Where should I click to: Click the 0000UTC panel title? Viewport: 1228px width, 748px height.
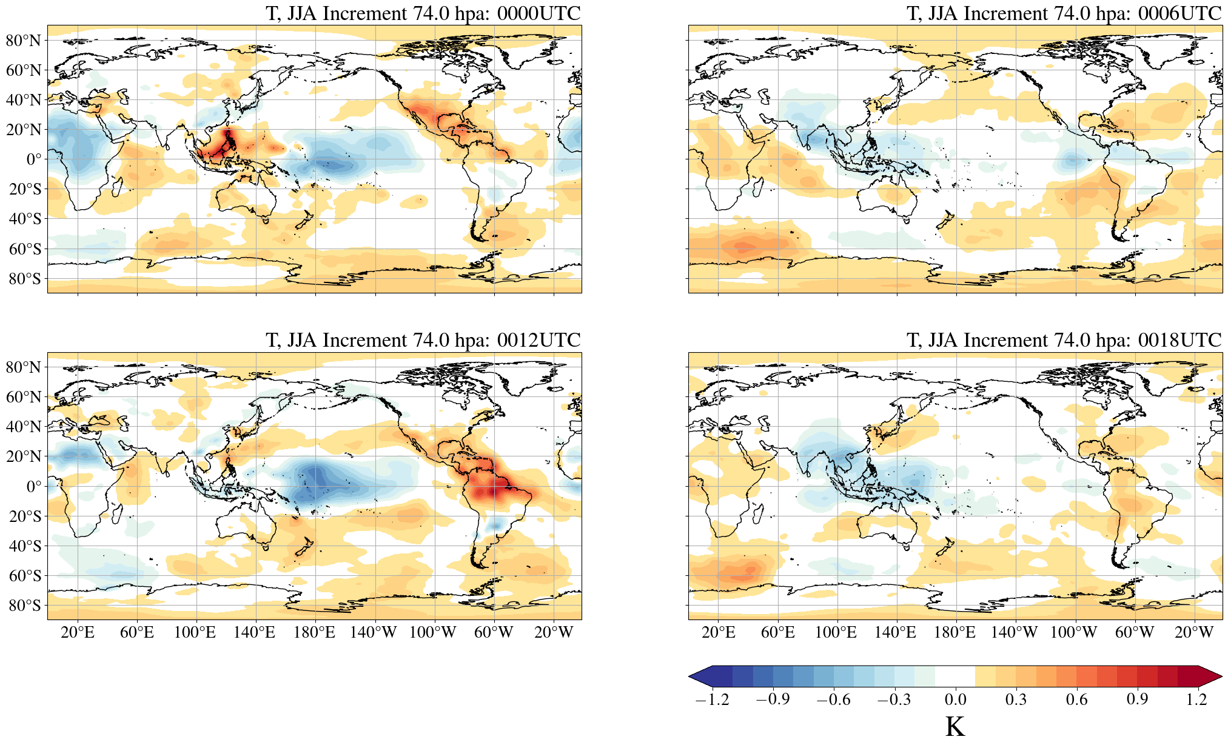point(423,13)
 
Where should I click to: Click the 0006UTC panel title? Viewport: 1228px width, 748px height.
point(1064,13)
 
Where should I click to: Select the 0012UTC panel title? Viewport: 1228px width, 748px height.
point(423,340)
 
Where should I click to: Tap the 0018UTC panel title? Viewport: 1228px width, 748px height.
point(1064,340)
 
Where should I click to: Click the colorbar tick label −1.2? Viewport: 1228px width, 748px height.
point(712,700)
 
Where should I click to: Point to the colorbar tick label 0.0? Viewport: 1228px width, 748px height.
point(955,700)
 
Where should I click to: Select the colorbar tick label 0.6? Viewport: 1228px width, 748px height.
point(1076,700)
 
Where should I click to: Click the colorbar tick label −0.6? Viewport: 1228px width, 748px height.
point(833,700)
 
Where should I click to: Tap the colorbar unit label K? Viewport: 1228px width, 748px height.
point(955,727)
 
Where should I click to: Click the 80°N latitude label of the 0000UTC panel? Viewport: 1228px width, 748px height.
point(23,41)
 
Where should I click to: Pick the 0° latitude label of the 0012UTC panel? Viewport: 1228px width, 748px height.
point(34,486)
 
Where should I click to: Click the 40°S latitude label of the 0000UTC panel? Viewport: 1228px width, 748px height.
point(24,219)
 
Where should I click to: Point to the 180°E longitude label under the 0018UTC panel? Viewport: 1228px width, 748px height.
point(955,632)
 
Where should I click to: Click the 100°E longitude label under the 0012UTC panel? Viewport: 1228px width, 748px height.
point(195,632)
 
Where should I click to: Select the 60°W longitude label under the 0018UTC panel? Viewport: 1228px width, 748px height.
point(1134,632)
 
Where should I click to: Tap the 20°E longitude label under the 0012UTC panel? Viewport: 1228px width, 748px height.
point(78,632)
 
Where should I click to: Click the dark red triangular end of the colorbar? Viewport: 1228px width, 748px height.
point(1210,676)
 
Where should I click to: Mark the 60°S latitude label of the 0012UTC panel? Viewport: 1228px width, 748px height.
point(24,576)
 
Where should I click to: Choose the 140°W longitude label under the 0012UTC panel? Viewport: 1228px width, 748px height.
point(373,632)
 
